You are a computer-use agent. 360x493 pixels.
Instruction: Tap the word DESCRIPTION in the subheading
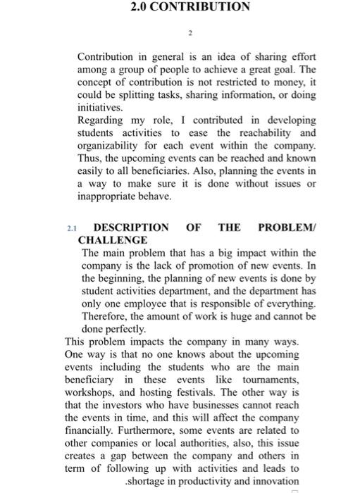(x=131, y=227)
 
